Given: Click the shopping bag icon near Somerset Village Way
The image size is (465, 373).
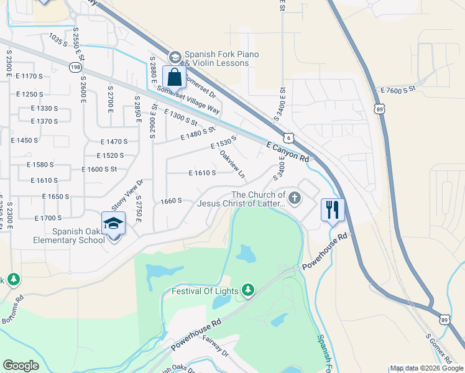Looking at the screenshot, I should (175, 78).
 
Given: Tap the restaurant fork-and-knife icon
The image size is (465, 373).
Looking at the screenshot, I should (333, 210).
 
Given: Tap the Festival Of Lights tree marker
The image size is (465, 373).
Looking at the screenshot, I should (248, 290).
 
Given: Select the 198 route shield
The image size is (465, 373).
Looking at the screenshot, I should (75, 66).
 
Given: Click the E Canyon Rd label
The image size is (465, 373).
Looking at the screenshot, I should (287, 152).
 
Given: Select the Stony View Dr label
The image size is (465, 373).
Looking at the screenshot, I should (127, 193).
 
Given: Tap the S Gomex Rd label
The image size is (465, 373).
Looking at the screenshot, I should (439, 349).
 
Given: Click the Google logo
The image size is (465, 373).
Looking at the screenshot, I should (22, 365).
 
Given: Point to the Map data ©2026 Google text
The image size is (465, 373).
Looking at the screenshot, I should (426, 368).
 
